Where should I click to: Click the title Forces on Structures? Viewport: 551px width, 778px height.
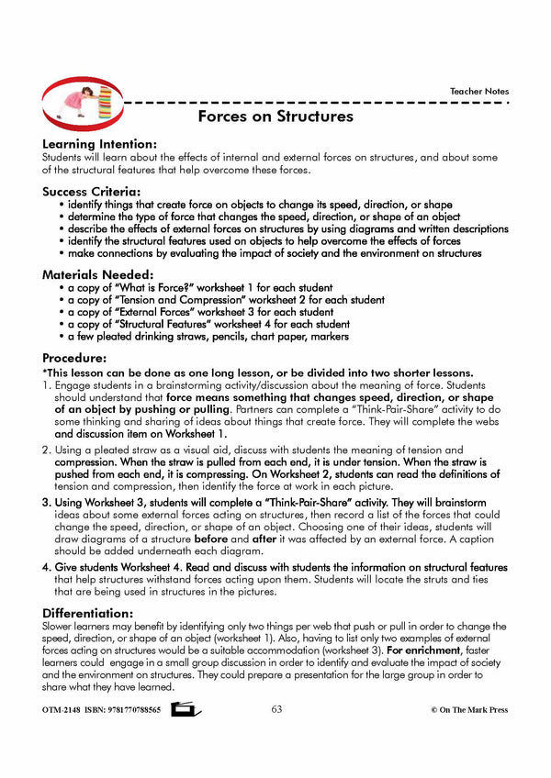click(x=275, y=117)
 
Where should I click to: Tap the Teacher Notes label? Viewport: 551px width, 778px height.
click(x=478, y=91)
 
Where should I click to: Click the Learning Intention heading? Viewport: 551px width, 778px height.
click(x=99, y=144)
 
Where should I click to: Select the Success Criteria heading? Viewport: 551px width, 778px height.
click(x=96, y=191)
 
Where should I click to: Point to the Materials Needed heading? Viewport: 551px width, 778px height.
click(x=100, y=274)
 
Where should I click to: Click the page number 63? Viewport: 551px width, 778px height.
click(x=276, y=709)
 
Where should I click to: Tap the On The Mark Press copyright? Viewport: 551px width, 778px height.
click(x=468, y=710)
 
